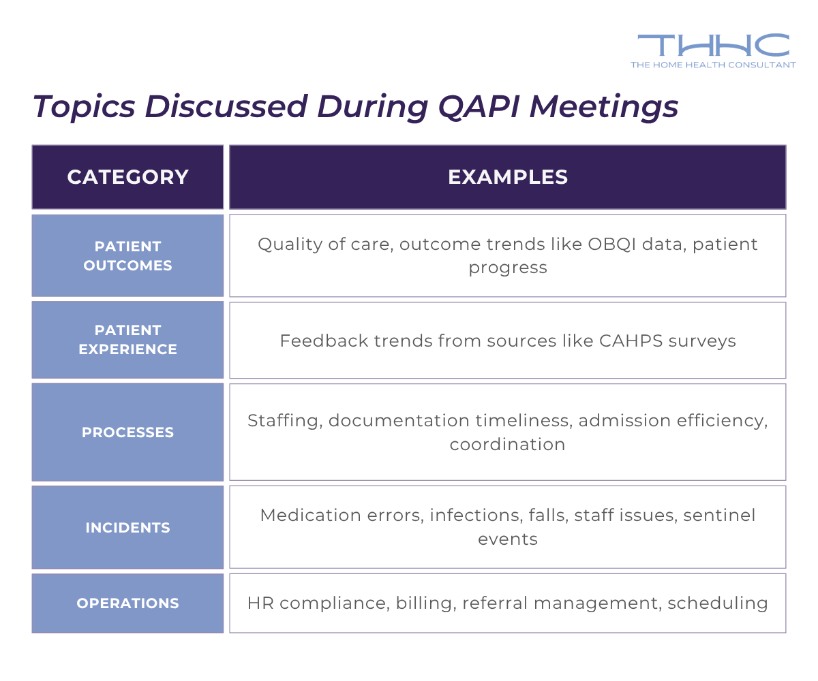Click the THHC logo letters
[713, 45]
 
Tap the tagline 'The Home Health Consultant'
[713, 65]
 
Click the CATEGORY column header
[127, 177]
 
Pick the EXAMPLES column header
[507, 177]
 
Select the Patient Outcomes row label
[127, 255]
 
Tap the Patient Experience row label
[127, 340]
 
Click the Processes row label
[127, 432]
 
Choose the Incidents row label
[127, 528]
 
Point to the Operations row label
[127, 603]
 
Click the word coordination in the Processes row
[507, 445]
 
